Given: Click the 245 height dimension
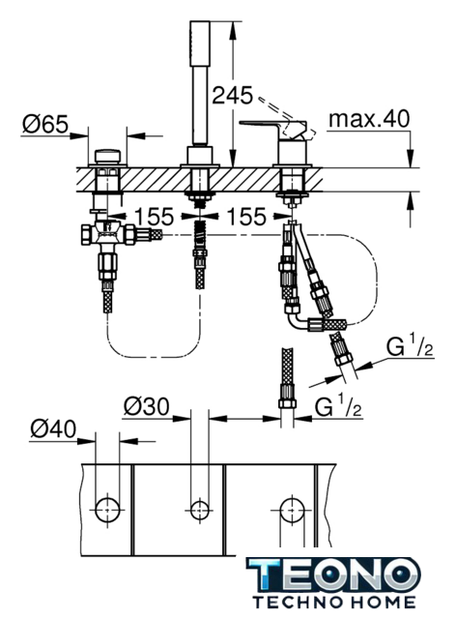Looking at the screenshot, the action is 232,96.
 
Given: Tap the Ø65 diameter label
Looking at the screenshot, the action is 45,125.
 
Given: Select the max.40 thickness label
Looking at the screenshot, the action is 369,119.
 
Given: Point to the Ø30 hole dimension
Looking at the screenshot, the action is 146,406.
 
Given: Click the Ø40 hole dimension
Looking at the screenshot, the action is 53,429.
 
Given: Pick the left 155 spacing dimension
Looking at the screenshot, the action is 154,216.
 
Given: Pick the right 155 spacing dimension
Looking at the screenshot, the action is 246,217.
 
